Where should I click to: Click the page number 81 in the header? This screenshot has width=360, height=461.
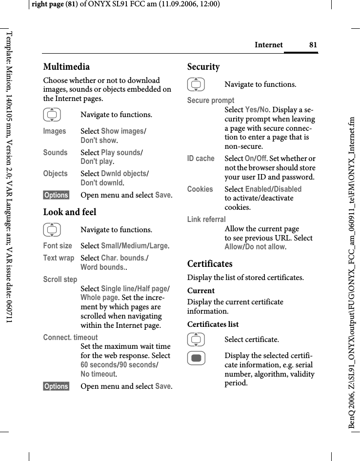coord(313,45)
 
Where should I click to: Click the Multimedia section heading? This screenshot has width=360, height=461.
coord(66,67)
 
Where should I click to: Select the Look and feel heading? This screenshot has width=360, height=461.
coord(70,212)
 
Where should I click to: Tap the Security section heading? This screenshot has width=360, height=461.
coord(203,67)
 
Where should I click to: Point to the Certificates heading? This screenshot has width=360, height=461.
coord(210,264)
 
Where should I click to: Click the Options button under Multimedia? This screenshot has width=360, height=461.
coord(56,195)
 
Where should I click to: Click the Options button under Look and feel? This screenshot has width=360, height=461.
coord(56,386)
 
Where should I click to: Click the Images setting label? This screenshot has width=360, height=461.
coord(55,131)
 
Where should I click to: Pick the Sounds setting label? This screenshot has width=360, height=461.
coord(55,152)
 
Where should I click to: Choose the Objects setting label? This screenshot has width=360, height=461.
coord(55,174)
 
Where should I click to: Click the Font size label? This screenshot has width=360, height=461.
coord(58,246)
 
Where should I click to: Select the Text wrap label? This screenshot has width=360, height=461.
coord(59,258)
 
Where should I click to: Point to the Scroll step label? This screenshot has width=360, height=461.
coord(60,280)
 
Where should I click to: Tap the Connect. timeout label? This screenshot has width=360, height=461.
coord(70,337)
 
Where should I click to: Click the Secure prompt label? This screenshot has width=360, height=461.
coord(211,100)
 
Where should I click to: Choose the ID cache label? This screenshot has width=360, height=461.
coord(201,159)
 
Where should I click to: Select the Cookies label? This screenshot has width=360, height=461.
coord(200,189)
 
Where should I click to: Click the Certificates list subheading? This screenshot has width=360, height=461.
coord(213,324)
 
